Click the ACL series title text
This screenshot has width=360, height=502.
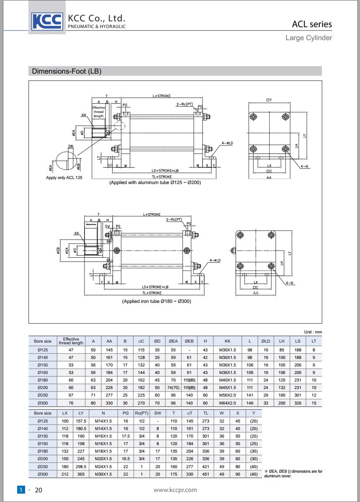311,24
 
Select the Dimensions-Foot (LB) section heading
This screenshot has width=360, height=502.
67,71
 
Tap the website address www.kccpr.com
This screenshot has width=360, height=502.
175,490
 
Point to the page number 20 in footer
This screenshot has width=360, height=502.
39,490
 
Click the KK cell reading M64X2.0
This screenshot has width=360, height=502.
227,403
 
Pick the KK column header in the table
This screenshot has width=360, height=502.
227,341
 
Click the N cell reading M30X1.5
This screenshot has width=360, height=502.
103,474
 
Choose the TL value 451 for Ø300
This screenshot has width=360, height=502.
206,474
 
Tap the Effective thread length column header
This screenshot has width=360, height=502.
71,341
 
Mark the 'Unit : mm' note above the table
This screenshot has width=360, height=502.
313,332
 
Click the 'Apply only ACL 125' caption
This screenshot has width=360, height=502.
64,178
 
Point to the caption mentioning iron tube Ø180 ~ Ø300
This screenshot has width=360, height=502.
156,301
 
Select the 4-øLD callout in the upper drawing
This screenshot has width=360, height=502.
226,143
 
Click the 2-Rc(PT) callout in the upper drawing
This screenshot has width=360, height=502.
185,104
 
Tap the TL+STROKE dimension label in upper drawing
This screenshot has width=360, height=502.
162,177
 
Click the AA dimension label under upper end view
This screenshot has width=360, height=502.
269,177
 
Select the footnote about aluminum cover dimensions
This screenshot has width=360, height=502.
293,474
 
